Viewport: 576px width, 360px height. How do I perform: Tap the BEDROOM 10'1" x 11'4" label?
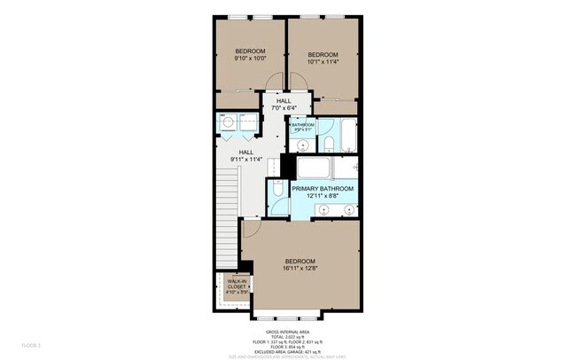pyautogui.click(x=323, y=58)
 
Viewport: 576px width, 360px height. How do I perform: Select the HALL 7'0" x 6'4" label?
pyautogui.click(x=284, y=105)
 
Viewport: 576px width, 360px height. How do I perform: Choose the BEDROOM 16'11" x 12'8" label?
pyautogui.click(x=300, y=264)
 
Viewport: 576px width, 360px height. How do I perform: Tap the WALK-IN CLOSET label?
pyautogui.click(x=236, y=286)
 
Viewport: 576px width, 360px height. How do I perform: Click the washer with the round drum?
pyautogui.click(x=227, y=123)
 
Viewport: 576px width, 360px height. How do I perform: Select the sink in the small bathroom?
pyautogui.click(x=303, y=144)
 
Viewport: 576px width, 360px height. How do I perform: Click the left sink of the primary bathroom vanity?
pyautogui.click(x=323, y=210)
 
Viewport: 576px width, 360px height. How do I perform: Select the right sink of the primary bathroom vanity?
pyautogui.click(x=349, y=210)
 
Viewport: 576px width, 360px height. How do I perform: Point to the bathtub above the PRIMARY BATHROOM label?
pyautogui.click(x=323, y=168)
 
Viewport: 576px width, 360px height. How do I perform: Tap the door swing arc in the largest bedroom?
pyautogui.click(x=252, y=229)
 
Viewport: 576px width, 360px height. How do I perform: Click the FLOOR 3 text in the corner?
pyautogui.click(x=31, y=343)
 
